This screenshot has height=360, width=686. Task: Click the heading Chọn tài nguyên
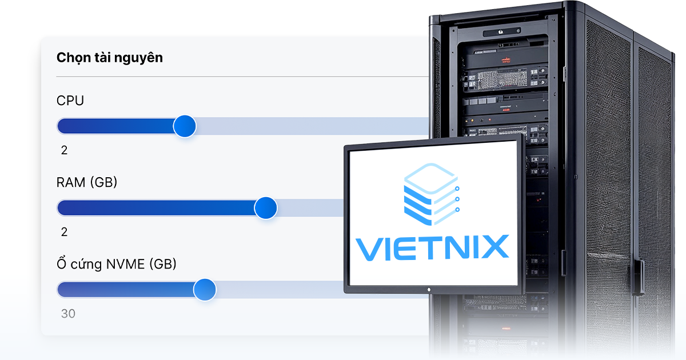[109, 58]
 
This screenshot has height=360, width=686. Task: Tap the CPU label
[70, 101]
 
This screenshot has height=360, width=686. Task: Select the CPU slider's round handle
[184, 126]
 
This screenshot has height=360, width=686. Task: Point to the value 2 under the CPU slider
[64, 150]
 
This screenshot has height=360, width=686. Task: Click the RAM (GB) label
[87, 183]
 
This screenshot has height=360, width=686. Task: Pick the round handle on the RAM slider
[265, 208]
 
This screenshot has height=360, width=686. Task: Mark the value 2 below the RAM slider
[64, 232]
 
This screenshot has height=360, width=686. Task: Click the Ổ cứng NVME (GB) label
[117, 265]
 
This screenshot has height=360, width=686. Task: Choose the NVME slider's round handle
[204, 290]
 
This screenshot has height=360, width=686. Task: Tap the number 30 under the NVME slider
[68, 314]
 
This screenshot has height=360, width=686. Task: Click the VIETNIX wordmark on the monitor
[432, 247]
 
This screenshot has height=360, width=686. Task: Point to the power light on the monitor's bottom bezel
[429, 289]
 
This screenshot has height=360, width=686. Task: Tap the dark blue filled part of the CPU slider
[114, 126]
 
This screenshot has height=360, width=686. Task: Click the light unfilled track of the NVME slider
[274, 290]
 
